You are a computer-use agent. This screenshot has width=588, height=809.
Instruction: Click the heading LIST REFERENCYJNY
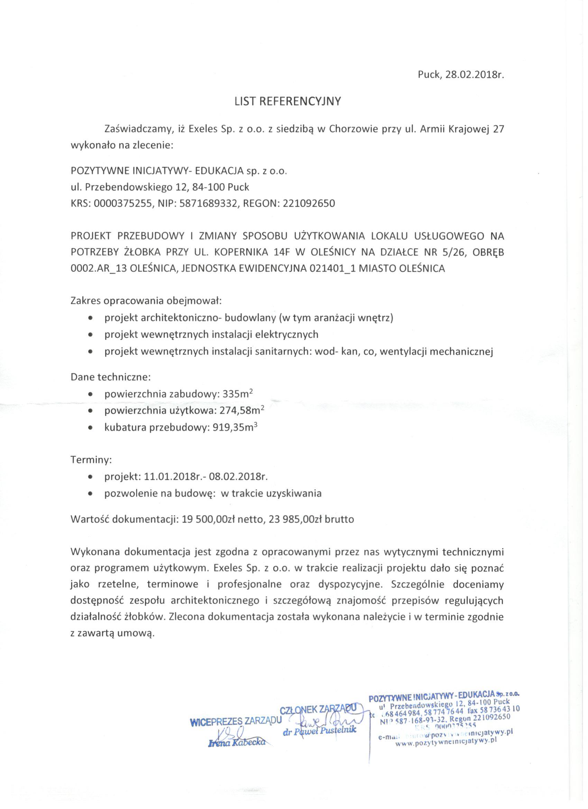point(288,102)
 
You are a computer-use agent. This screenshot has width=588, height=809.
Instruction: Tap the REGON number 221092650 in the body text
point(309,204)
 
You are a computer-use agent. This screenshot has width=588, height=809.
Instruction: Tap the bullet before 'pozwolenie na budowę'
point(91,494)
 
